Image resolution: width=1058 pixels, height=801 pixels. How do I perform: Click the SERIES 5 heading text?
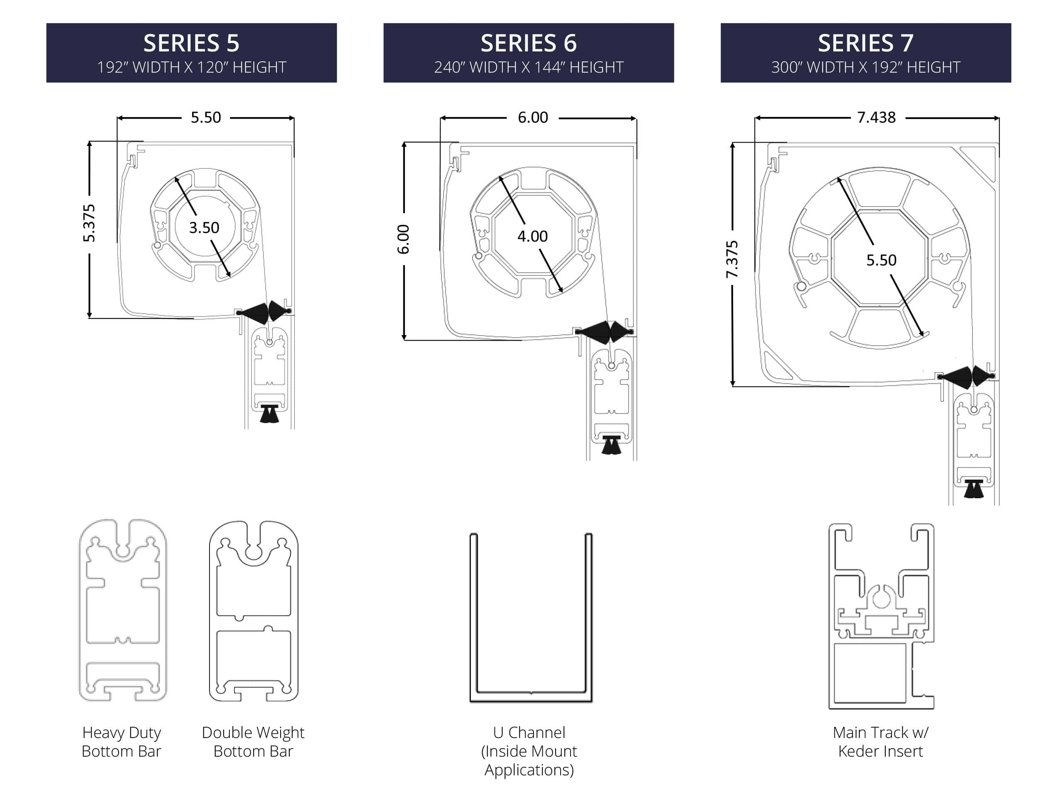coord(191,43)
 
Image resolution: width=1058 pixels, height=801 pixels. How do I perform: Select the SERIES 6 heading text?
coord(529,43)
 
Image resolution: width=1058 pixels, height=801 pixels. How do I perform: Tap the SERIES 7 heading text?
coord(866,43)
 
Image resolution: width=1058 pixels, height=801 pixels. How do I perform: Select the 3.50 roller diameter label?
coord(204,228)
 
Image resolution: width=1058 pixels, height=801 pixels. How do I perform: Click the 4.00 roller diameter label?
coord(532,236)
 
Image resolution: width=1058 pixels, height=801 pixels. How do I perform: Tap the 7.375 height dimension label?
coord(732,259)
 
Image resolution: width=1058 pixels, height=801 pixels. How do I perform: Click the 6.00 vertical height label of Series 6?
coord(404,239)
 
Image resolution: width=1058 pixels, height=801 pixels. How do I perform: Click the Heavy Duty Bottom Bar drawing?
coord(123,610)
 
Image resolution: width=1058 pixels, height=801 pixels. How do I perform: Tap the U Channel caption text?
coord(529,751)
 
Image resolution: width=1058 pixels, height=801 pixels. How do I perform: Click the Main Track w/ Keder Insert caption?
coord(880,742)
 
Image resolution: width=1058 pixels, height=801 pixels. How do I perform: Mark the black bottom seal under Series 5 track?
coord(269,414)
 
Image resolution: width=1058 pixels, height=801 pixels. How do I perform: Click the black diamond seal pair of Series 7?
coord(967,376)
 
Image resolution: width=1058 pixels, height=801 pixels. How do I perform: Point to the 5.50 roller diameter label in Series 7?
coord(881,260)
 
